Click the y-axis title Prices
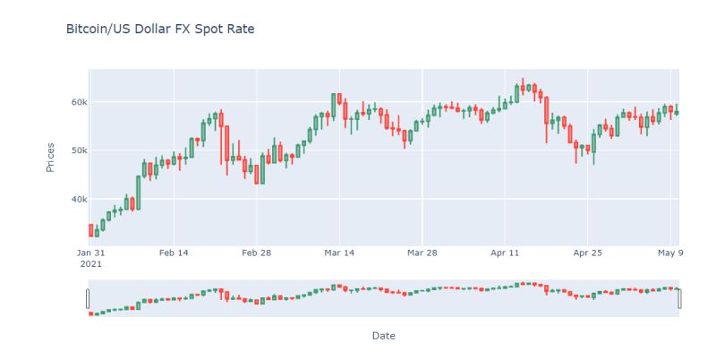(50, 157)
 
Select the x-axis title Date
(383, 336)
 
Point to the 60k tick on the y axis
(73, 102)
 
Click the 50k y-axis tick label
(73, 150)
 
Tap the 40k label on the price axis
(73, 199)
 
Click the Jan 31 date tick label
(90, 253)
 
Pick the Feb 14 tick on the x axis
(174, 253)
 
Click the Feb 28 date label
(257, 253)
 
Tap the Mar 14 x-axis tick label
(340, 253)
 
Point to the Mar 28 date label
(422, 253)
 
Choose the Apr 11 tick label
(506, 253)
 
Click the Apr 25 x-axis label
(588, 253)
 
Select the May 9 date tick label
(670, 253)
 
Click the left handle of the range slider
(88, 298)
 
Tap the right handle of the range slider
(680, 298)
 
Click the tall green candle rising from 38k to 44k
(139, 192)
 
